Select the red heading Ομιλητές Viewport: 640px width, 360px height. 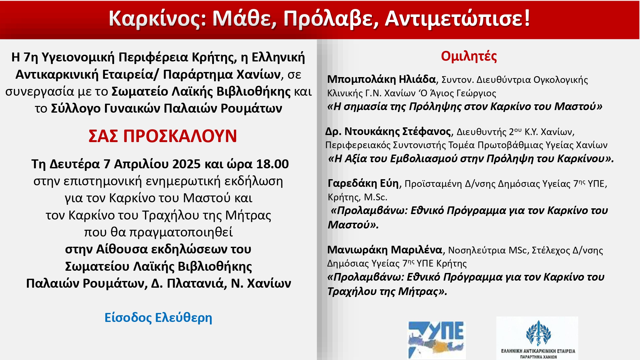pos(469,56)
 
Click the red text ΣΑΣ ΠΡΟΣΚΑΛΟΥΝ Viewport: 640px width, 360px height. pos(163,136)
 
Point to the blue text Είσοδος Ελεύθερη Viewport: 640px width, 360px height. pos(158,318)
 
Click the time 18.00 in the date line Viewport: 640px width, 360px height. pos(272,164)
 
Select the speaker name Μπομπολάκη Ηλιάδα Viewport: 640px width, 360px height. pos(381,79)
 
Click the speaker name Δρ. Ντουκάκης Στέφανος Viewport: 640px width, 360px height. pos(388,132)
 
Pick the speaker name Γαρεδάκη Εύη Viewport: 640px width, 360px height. pos(363,183)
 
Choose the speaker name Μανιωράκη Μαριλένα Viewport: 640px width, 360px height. pos(385,250)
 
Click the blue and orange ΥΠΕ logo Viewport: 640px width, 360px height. pos(436,340)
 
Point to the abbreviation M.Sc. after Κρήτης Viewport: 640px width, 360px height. pos(376,197)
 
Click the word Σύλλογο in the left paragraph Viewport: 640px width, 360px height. pos(76,108)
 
